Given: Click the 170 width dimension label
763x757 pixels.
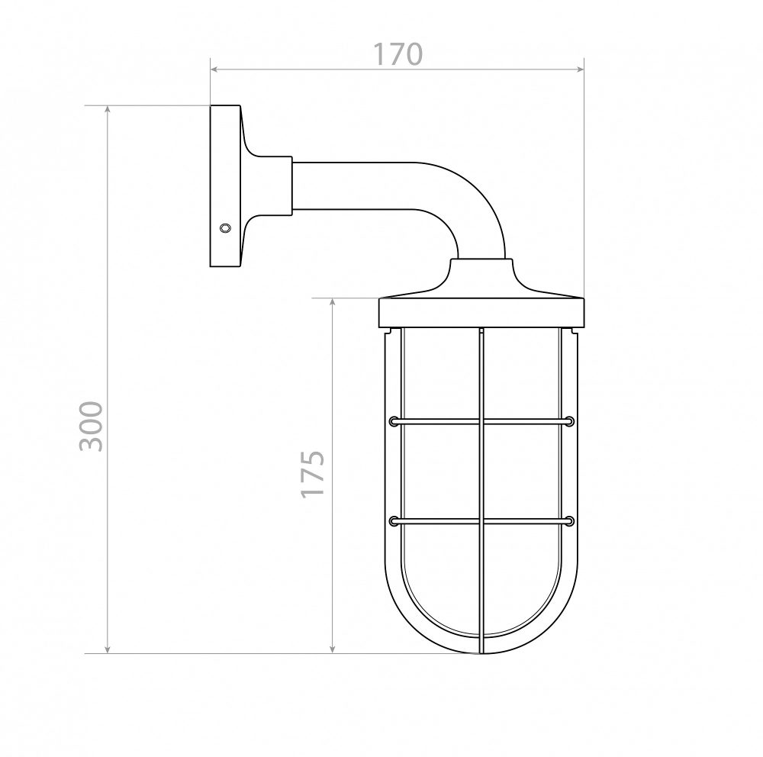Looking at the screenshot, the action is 398,54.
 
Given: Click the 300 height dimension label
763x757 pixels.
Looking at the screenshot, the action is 91,426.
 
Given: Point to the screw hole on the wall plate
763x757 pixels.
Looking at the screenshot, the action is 225,227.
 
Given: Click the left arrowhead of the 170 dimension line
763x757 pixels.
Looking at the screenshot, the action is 214,69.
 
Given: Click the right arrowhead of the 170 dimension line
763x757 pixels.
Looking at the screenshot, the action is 580,69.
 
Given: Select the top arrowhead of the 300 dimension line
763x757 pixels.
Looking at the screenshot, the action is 108,110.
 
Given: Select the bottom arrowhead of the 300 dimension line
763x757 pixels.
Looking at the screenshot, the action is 108,649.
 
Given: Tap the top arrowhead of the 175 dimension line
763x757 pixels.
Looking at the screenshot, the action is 333,302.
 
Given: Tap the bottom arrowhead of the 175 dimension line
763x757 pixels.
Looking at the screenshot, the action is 333,649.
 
